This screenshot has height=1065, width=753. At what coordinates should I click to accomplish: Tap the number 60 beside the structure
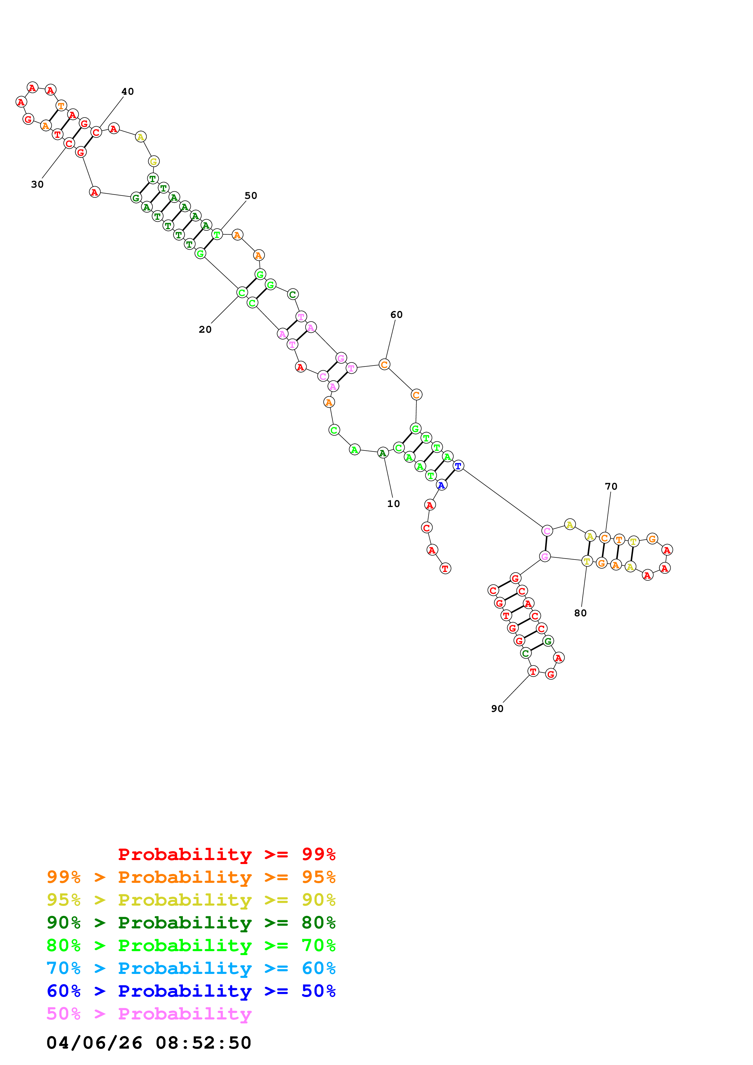point(396,315)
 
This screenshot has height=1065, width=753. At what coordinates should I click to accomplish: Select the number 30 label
point(37,184)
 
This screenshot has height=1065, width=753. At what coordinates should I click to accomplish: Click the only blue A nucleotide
point(441,485)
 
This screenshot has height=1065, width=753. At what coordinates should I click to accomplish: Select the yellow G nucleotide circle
point(154,162)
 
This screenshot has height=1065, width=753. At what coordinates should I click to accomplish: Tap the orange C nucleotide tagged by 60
point(384,365)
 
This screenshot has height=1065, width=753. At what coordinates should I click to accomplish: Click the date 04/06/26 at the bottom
point(94,1043)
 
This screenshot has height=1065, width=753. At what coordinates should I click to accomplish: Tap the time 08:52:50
point(203,1043)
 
